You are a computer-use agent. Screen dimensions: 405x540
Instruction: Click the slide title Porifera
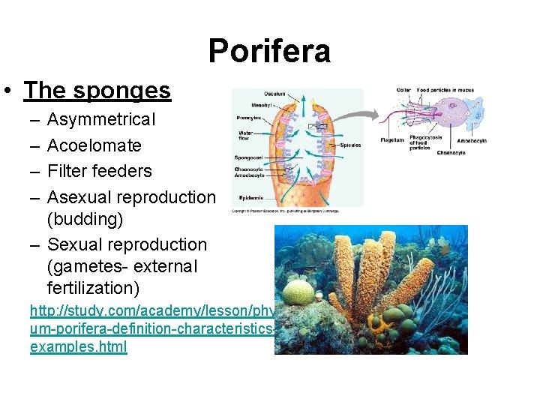pyautogui.click(x=269, y=51)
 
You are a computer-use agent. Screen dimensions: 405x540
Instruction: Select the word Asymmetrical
pyautogui.click(x=101, y=119)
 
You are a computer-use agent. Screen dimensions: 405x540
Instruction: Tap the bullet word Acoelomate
pyautogui.click(x=94, y=145)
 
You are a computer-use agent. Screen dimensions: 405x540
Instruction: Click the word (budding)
pyautogui.click(x=85, y=220)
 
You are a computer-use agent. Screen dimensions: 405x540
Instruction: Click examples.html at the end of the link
pyautogui.click(x=79, y=347)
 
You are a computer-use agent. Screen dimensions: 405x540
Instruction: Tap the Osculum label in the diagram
pyautogui.click(x=274, y=94)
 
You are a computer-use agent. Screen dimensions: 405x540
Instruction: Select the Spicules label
pyautogui.click(x=349, y=145)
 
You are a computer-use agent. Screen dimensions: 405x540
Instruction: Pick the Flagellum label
pyautogui.click(x=392, y=140)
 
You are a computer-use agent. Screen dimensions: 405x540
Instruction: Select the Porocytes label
pyautogui.click(x=248, y=118)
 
